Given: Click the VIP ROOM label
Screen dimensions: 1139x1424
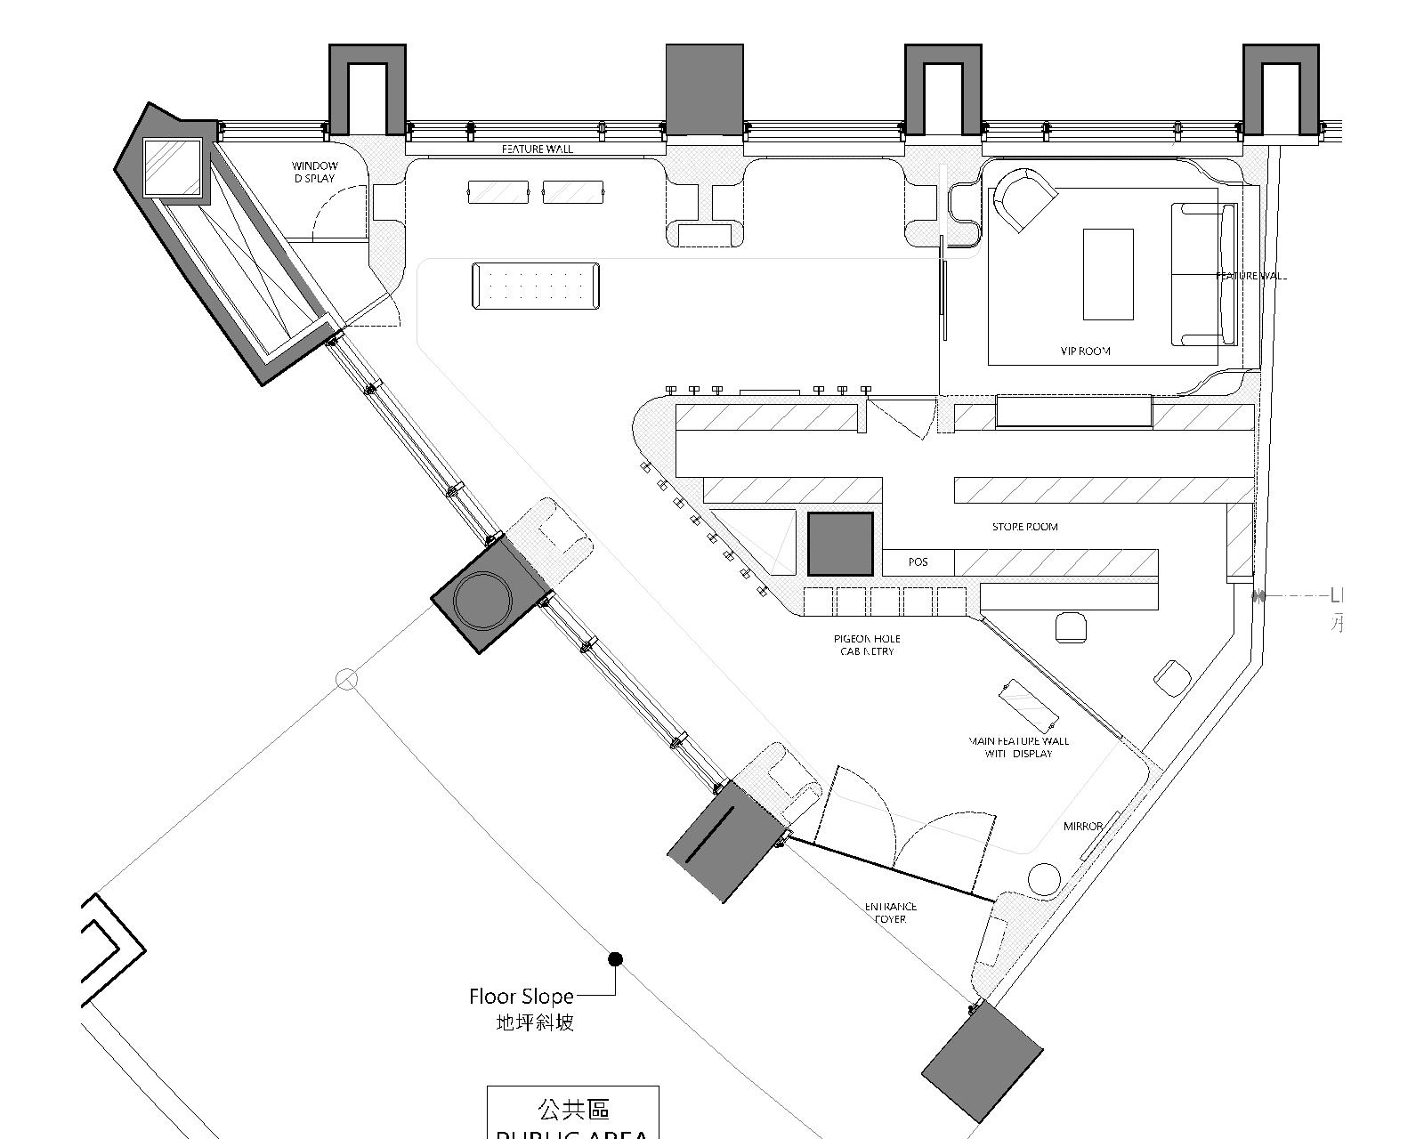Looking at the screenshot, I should (1085, 351).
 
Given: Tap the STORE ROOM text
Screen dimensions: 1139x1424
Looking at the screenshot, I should (1024, 527).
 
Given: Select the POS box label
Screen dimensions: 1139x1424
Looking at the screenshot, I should (918, 562).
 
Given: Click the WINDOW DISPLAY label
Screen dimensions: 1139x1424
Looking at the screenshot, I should (315, 172).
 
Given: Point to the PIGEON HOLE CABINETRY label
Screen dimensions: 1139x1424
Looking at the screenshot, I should (867, 645).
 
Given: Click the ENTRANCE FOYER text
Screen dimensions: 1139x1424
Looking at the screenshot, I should (890, 913).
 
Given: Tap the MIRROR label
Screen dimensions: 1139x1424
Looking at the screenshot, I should (1082, 827).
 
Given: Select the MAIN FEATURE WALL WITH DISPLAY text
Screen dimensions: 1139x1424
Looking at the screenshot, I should (1019, 747).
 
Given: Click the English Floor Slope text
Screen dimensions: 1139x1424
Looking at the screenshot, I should (521, 997).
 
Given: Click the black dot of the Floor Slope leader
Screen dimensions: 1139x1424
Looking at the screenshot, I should (615, 959).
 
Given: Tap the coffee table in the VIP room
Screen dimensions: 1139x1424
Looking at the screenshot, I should (1107, 274).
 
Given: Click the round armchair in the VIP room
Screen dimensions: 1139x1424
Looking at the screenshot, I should (1023, 199).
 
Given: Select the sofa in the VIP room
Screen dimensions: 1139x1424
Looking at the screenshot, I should (1203, 274).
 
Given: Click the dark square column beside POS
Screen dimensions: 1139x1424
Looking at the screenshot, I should (839, 544).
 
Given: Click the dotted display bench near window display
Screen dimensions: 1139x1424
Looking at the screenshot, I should (536, 286).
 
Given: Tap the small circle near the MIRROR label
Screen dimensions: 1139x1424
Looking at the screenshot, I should (1044, 879).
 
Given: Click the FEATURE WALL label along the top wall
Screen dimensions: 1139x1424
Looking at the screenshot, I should (537, 149).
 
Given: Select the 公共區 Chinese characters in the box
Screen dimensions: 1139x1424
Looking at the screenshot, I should (573, 1109).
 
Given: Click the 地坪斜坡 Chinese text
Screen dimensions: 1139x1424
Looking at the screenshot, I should (535, 1022).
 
